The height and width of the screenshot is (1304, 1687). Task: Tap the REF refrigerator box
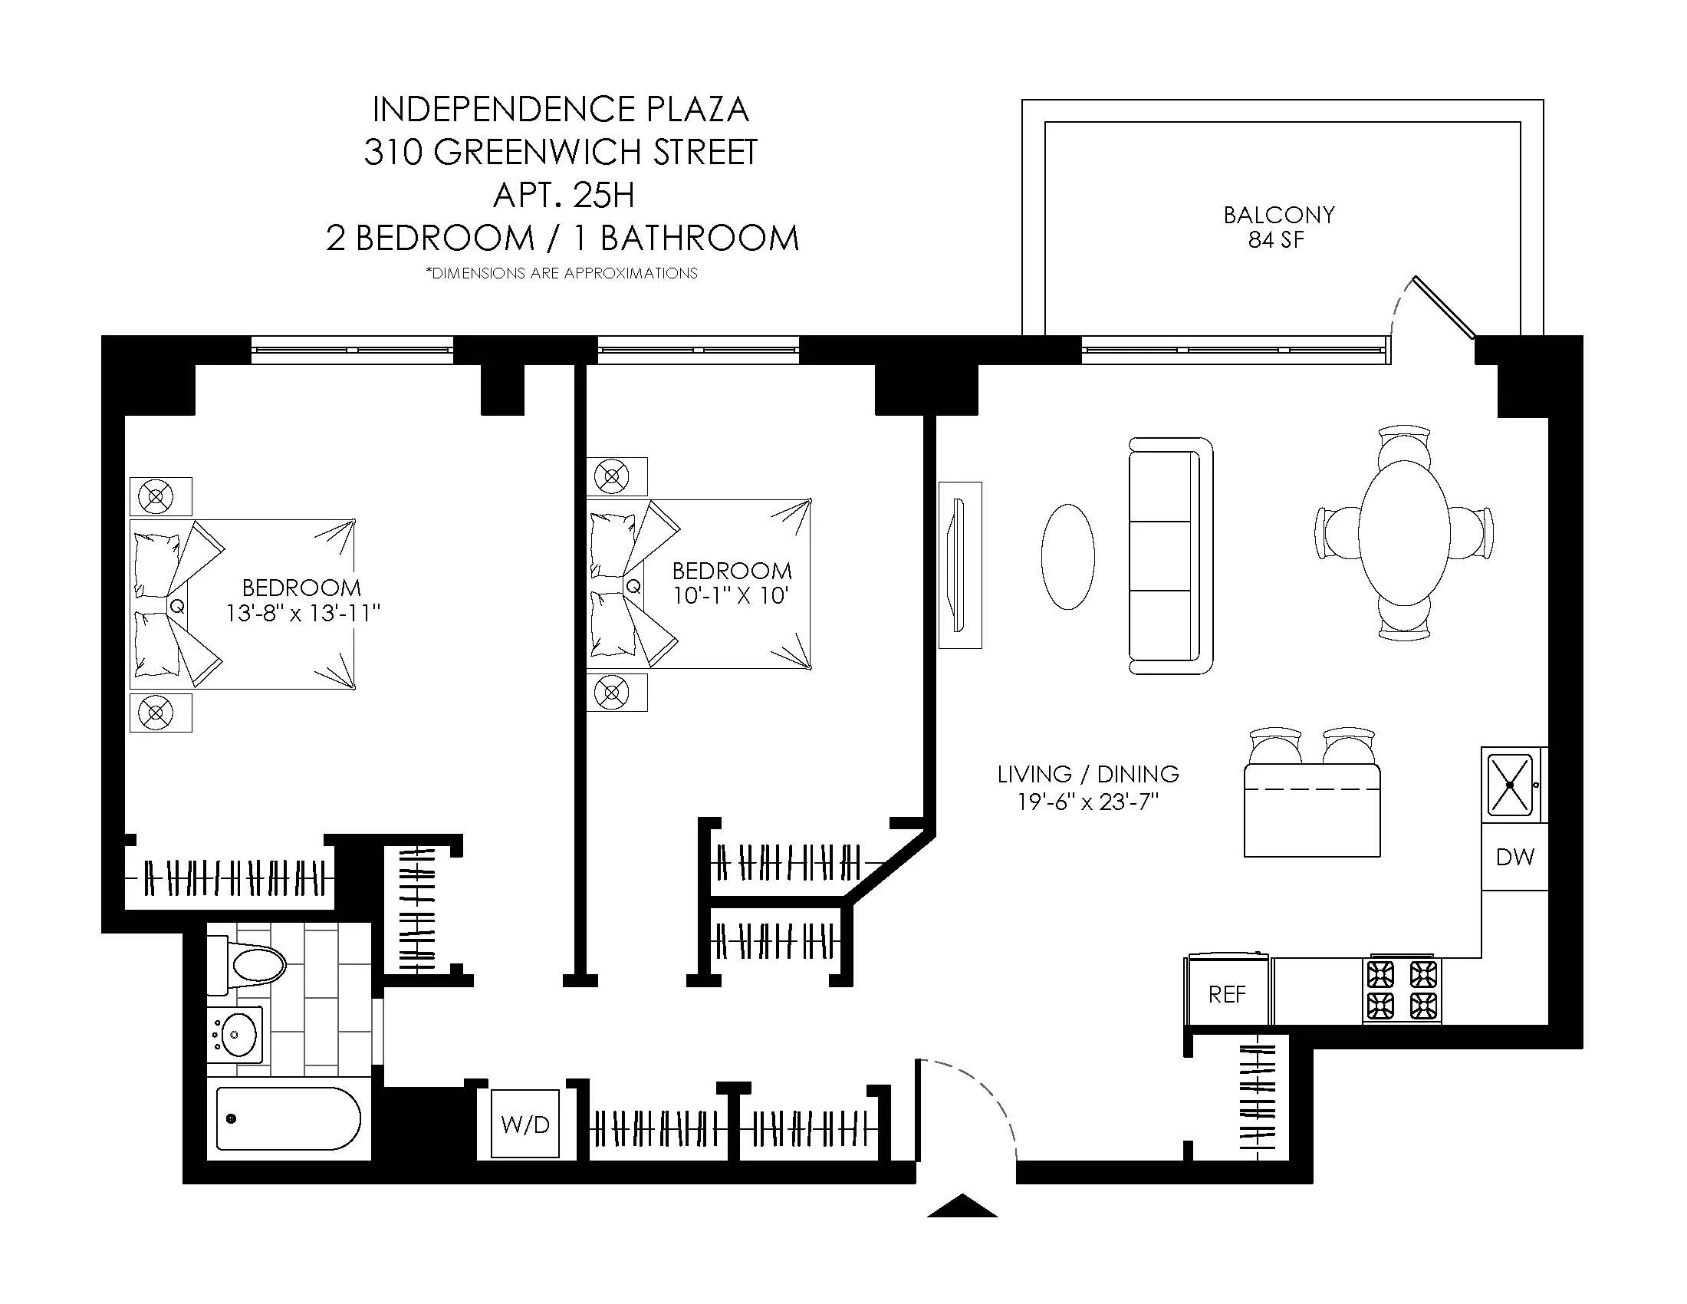tap(1227, 994)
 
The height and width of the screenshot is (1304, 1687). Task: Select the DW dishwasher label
tap(1514, 857)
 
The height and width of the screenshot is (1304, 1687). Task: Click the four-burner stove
tap(1402, 990)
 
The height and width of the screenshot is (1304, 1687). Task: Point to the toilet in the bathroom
tap(249, 964)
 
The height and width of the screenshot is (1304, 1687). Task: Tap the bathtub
tap(288, 1118)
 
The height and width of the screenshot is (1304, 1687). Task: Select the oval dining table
tap(1403, 532)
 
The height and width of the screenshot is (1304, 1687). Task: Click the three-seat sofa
tap(1169, 556)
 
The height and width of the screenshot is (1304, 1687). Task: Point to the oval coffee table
tap(1068, 556)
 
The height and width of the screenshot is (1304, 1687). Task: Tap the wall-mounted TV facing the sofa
tap(959, 565)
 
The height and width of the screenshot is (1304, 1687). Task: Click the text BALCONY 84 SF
tap(1278, 226)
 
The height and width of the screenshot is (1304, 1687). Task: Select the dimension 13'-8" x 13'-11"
tap(303, 614)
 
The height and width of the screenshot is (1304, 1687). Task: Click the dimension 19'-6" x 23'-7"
tap(1088, 802)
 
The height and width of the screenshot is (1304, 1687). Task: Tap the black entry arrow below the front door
tap(962, 1206)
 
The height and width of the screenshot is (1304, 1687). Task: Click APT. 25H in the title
tap(563, 195)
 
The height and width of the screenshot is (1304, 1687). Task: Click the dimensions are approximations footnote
tap(561, 274)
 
